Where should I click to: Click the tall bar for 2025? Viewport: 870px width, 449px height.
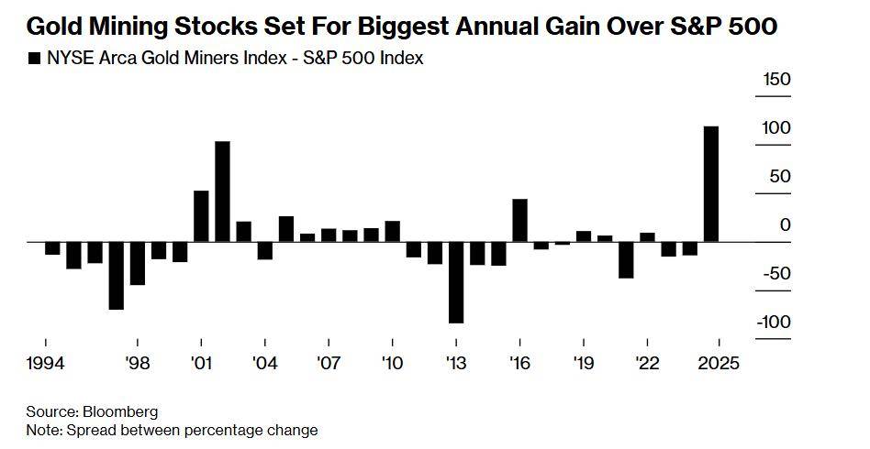[710, 183]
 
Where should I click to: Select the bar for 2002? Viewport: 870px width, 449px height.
[222, 192]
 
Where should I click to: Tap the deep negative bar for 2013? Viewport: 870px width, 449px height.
[455, 282]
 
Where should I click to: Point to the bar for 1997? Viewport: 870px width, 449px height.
[116, 275]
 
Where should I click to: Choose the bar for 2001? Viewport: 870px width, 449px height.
[201, 216]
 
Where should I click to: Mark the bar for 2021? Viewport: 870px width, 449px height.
[626, 259]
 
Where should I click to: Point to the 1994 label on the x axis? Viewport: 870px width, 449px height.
[46, 363]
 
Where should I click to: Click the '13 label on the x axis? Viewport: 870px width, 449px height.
[456, 363]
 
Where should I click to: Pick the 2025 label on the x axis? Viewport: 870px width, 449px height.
[717, 363]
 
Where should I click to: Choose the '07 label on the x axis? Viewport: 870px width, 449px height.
[329, 363]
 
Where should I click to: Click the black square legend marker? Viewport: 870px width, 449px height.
[35, 59]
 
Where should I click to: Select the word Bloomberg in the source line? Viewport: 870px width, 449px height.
[120, 411]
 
